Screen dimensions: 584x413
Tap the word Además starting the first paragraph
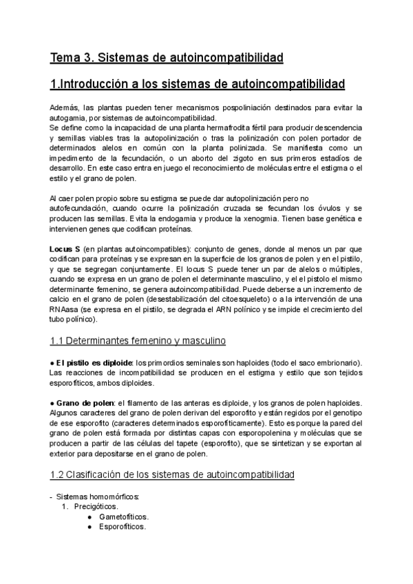(65, 108)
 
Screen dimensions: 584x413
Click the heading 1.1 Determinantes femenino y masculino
(145, 340)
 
